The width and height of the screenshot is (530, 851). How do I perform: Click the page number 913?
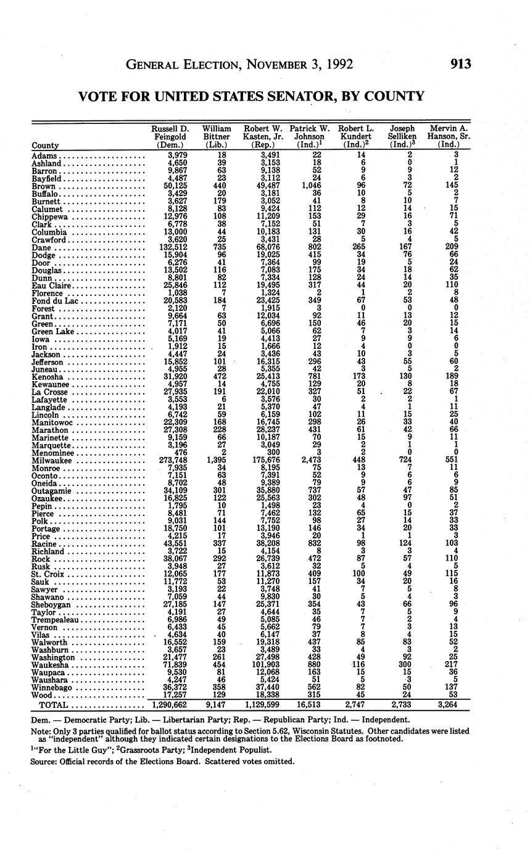(460, 64)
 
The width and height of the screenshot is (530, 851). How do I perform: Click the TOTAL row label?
(53, 704)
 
